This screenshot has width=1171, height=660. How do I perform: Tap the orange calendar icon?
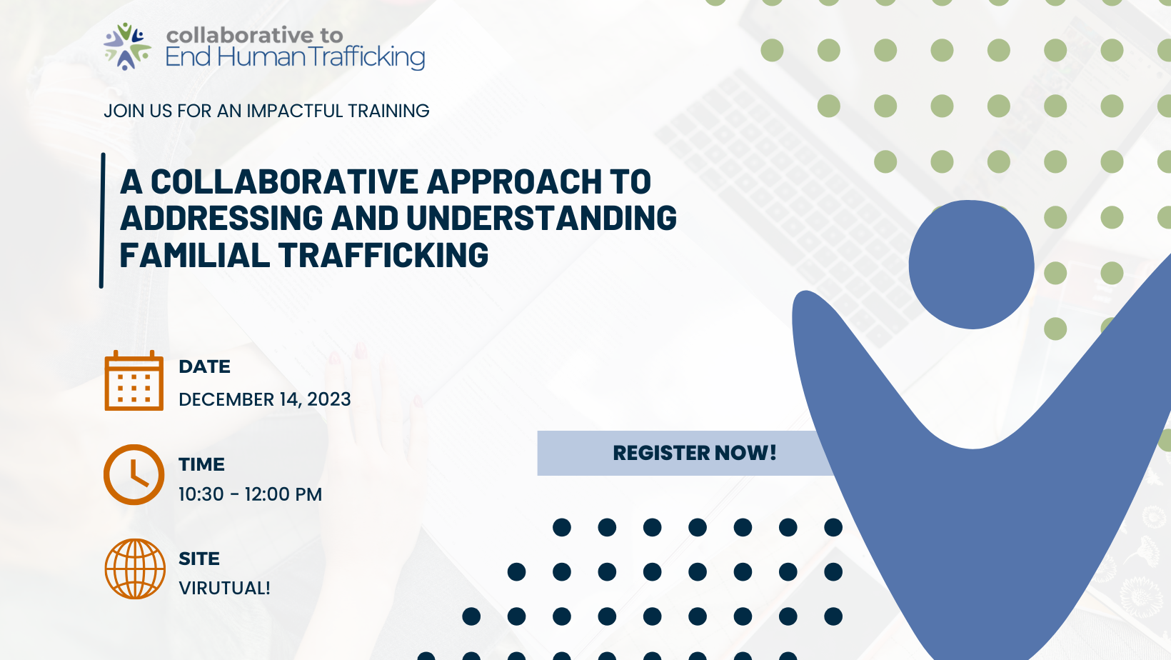(x=134, y=381)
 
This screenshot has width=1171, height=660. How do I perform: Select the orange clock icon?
(x=134, y=475)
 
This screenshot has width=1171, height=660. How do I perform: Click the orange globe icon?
(x=135, y=569)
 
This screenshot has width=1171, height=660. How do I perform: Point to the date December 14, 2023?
(x=264, y=399)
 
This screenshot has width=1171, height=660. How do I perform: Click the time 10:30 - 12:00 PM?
(x=250, y=494)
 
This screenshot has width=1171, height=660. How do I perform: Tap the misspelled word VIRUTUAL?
(x=224, y=588)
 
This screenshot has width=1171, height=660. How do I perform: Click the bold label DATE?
(x=204, y=366)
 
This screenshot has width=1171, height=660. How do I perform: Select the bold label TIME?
(x=201, y=464)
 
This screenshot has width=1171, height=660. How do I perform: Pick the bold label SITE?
(x=199, y=559)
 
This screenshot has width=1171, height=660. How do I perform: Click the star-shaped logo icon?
(x=127, y=46)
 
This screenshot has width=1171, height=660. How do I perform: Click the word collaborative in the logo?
(x=239, y=35)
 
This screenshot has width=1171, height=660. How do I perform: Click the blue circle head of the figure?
(x=971, y=264)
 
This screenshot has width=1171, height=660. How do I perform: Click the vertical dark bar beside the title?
(x=102, y=220)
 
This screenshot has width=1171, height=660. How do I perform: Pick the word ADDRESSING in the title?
(x=221, y=219)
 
